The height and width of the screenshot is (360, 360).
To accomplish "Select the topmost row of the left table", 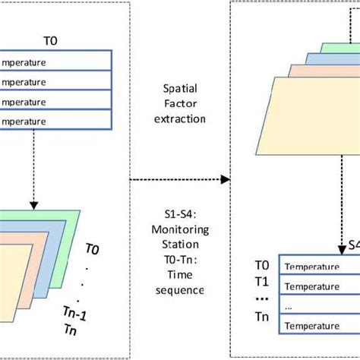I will [x=56, y=60].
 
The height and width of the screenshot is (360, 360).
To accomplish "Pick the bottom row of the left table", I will [x=56, y=120].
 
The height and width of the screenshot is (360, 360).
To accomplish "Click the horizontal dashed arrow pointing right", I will [x=179, y=180].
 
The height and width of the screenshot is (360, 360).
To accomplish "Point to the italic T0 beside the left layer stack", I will [x=91, y=248].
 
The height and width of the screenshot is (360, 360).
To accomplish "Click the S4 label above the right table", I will [x=353, y=245].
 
